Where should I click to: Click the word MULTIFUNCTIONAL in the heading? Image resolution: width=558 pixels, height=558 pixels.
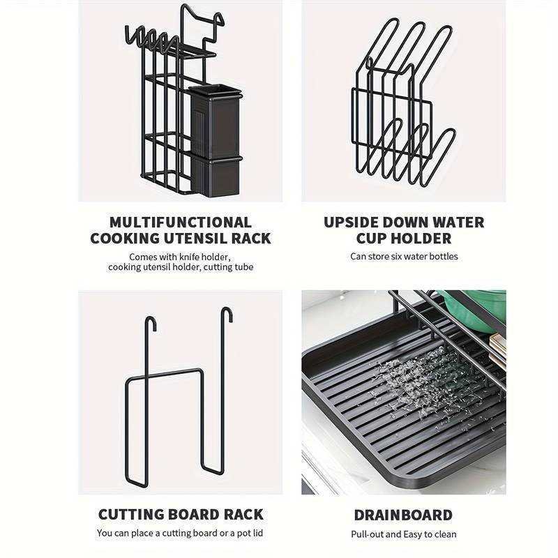[x=181, y=223]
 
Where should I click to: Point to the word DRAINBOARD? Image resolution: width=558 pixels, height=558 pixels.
[x=403, y=515]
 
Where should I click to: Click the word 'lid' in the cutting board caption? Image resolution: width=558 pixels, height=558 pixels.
[x=257, y=533]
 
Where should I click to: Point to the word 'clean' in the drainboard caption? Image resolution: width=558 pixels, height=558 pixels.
[x=445, y=534]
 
